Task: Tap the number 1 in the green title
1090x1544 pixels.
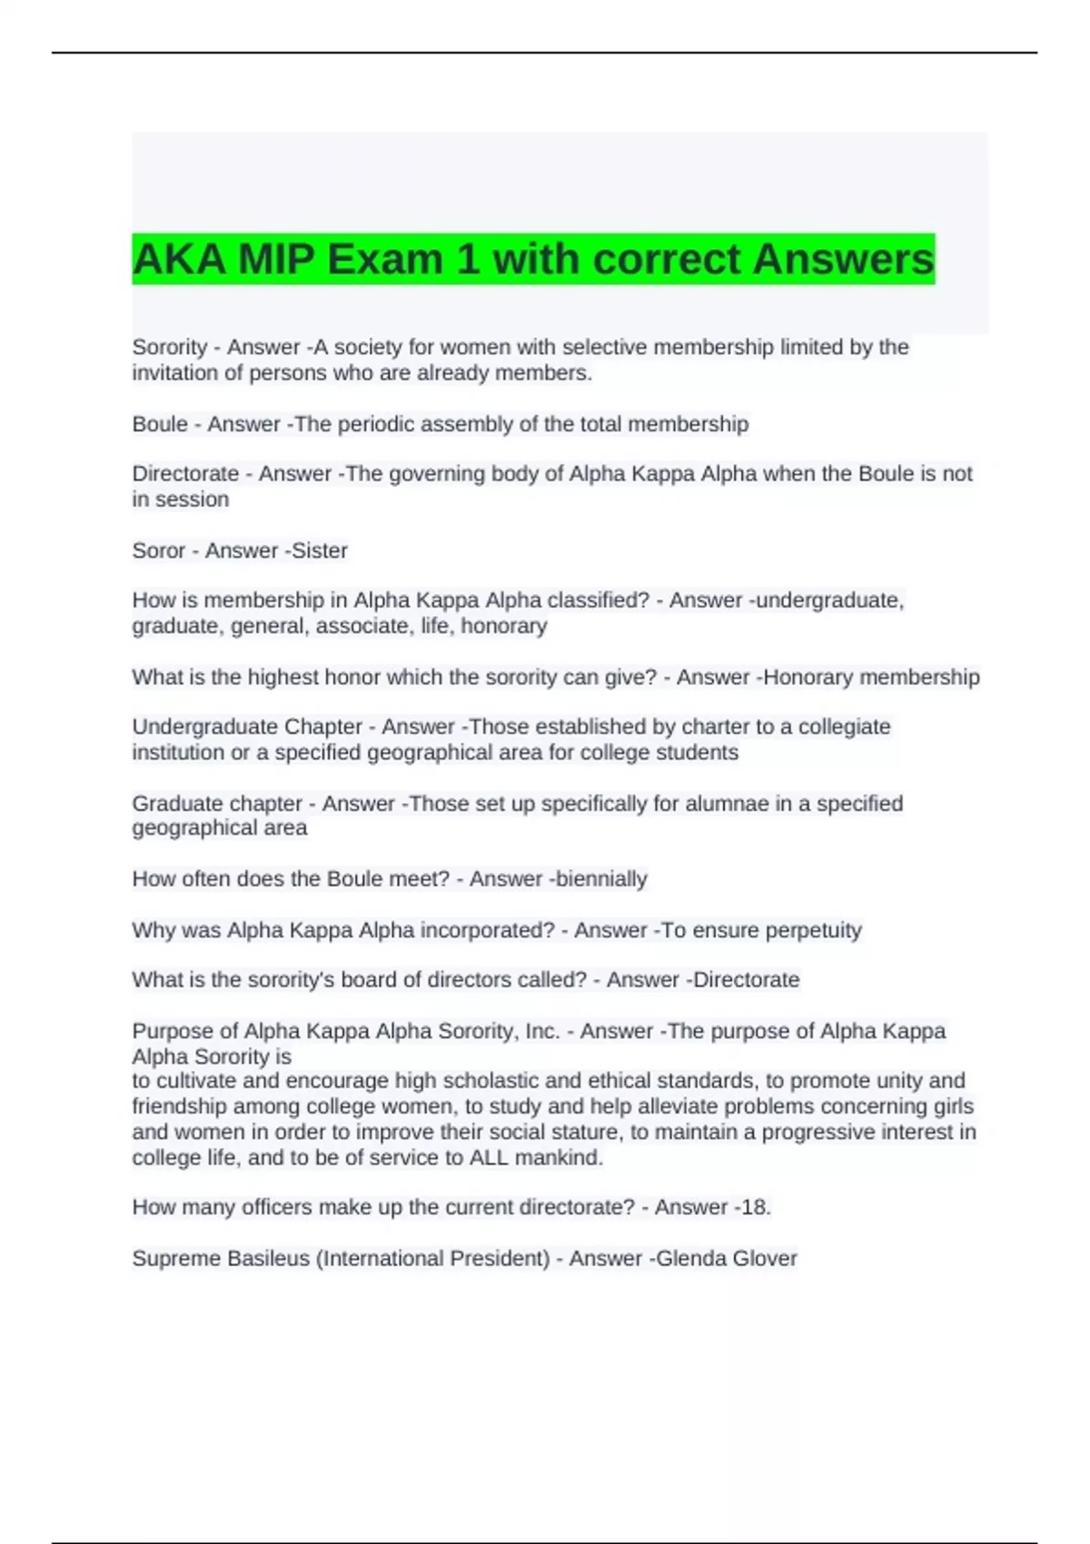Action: click(468, 260)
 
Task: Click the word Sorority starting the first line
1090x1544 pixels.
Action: click(170, 347)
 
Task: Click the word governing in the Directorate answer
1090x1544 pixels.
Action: click(433, 474)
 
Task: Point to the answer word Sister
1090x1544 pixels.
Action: click(320, 550)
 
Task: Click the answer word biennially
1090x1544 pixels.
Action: click(601, 879)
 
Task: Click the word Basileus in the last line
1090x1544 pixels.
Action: click(268, 1259)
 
